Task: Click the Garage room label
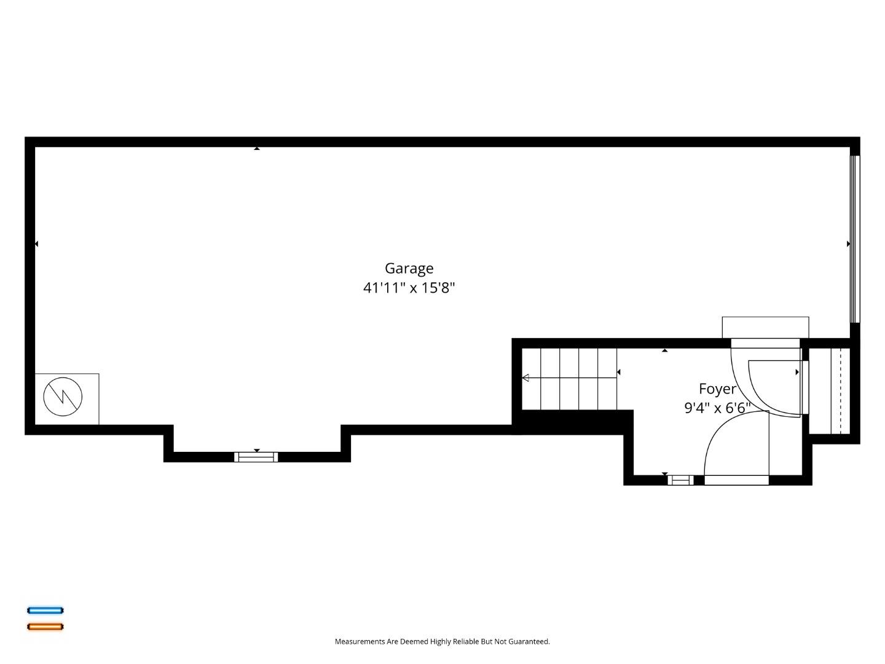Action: (x=409, y=269)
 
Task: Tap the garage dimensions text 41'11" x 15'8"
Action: (x=409, y=288)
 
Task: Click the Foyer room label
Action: (x=717, y=389)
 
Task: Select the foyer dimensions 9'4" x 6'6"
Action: (x=717, y=408)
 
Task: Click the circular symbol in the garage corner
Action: (x=63, y=397)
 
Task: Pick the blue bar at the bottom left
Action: (x=45, y=611)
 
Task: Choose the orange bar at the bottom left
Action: (x=45, y=626)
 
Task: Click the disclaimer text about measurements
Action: (x=442, y=641)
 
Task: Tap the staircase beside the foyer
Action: (x=569, y=378)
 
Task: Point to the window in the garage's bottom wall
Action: (x=256, y=457)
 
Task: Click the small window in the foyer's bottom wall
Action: (x=680, y=480)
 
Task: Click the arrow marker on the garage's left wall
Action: (x=36, y=244)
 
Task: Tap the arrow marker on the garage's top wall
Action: (x=257, y=148)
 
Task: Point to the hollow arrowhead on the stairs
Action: (x=525, y=377)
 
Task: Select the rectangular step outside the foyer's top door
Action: (x=765, y=327)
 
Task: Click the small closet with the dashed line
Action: (x=830, y=390)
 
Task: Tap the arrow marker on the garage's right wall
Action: (x=848, y=244)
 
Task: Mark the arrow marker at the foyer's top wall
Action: (x=664, y=350)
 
